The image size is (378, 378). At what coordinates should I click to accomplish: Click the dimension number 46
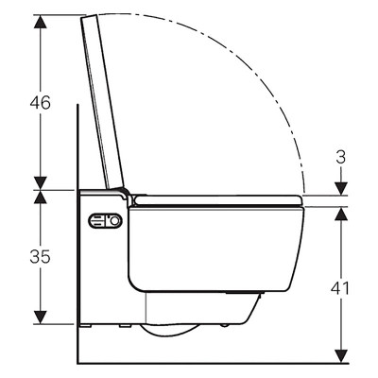[x=41, y=103]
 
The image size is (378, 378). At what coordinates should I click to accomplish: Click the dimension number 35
[x=40, y=257]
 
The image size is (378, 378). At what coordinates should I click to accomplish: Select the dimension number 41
[x=340, y=288]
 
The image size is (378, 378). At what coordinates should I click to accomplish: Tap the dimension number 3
[x=341, y=157]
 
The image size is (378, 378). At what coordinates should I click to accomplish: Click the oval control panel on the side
[x=105, y=221]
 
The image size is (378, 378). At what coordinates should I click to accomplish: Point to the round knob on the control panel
[x=115, y=221]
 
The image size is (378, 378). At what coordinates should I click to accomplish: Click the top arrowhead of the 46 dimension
[x=41, y=22]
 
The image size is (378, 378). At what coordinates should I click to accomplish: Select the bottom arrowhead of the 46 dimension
[x=41, y=183]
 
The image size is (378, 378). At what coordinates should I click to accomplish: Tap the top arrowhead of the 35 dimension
[x=41, y=197]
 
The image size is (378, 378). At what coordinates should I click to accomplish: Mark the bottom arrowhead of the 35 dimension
[x=41, y=317]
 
